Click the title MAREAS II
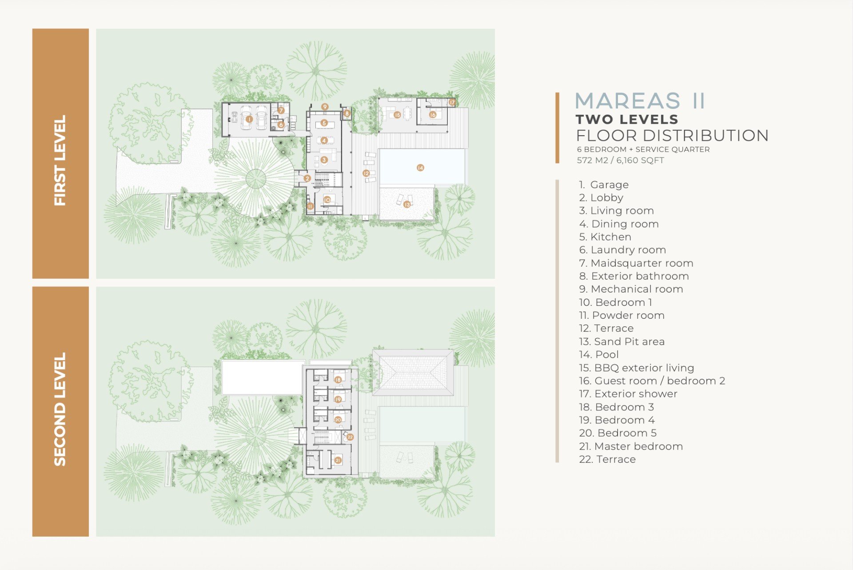click(x=640, y=101)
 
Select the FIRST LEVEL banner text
click(x=60, y=160)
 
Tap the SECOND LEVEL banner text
click(x=60, y=409)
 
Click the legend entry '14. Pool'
click(x=598, y=355)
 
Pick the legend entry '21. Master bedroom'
click(x=631, y=446)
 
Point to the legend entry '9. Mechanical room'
click(x=631, y=289)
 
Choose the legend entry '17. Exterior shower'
click(x=628, y=394)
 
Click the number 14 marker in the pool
click(x=420, y=168)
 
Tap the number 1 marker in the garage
click(x=249, y=119)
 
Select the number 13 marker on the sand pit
click(x=407, y=205)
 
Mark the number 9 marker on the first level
click(x=325, y=107)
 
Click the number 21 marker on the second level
click(x=338, y=460)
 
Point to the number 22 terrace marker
click(x=350, y=437)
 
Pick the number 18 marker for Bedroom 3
click(x=338, y=380)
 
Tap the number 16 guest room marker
click(x=433, y=115)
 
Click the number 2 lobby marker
click(x=307, y=179)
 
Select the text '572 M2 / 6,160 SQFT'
click(x=620, y=161)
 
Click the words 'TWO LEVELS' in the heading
click(x=627, y=119)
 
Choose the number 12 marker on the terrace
click(x=366, y=173)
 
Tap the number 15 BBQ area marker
click(x=397, y=115)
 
